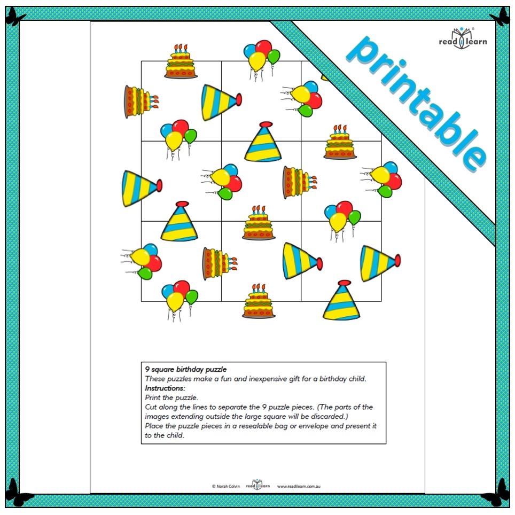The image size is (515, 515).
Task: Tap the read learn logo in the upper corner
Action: coord(463,38)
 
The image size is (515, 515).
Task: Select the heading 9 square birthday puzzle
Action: coord(186,370)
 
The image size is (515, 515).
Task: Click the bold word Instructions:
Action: coord(165,388)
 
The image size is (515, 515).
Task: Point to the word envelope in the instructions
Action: coord(313,426)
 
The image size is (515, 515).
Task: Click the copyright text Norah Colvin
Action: coord(228,486)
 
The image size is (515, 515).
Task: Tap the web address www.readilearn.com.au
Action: coord(299,487)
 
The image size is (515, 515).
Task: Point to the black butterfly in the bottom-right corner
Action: coord(497,493)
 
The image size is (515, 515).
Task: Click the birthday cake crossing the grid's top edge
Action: coord(181,61)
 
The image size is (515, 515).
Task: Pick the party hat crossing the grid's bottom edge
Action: coord(341,300)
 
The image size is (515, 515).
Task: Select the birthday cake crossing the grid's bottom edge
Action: coord(259,301)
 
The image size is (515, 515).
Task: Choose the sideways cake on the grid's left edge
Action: coord(141,102)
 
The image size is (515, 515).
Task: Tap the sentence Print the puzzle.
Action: coord(171,398)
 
